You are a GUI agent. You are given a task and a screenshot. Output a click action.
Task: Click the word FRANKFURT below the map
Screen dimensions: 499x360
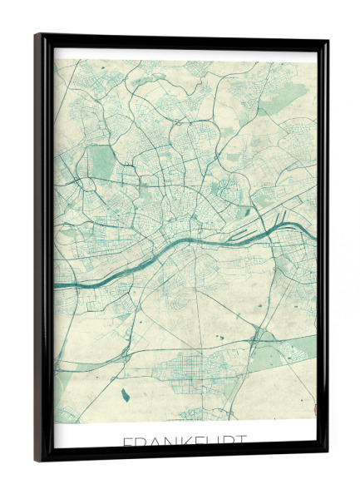click(x=184, y=440)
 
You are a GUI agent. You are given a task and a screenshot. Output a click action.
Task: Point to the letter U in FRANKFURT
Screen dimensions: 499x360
click(x=207, y=440)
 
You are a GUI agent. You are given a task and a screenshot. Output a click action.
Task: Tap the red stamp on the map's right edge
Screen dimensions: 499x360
click(x=313, y=408)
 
